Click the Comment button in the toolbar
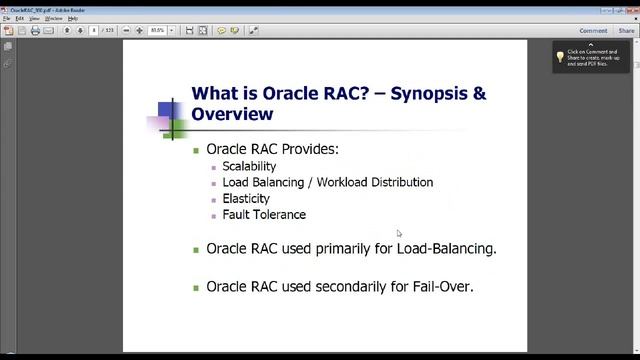click(x=593, y=31)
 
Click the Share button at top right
click(x=626, y=31)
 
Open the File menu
click(x=7, y=18)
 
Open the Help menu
click(x=73, y=18)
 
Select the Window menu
click(x=53, y=18)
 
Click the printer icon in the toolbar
click(x=35, y=31)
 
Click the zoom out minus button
click(x=126, y=31)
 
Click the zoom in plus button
click(x=140, y=31)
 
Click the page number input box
click(x=94, y=31)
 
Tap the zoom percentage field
click(x=157, y=31)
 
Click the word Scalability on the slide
click(x=249, y=166)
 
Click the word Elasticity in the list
click(x=246, y=198)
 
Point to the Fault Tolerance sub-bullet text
click(x=264, y=214)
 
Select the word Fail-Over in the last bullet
click(x=441, y=286)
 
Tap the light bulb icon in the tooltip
click(x=561, y=57)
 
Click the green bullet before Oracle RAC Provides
click(x=197, y=150)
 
